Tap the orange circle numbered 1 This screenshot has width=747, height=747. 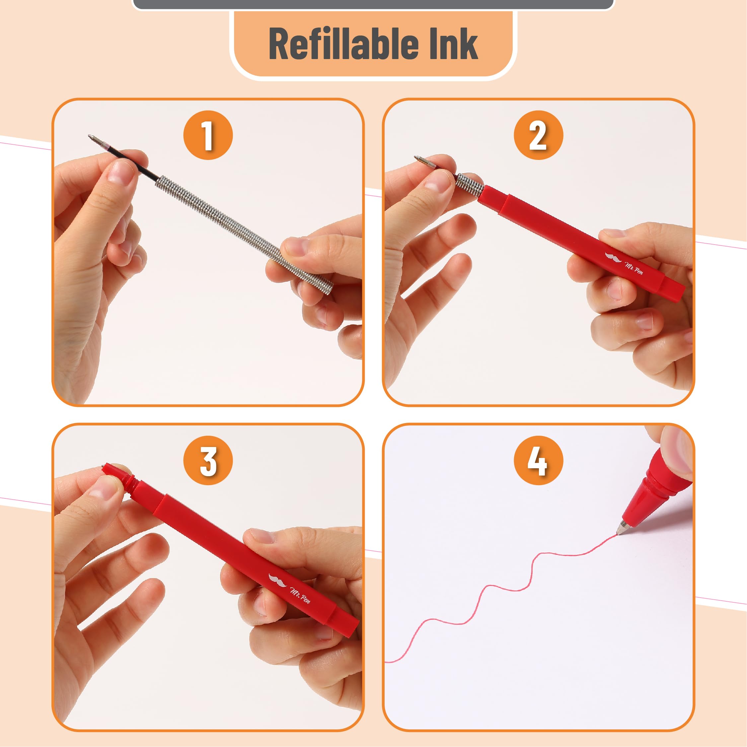click(x=208, y=135)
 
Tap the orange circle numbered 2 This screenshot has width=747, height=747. click(x=538, y=135)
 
